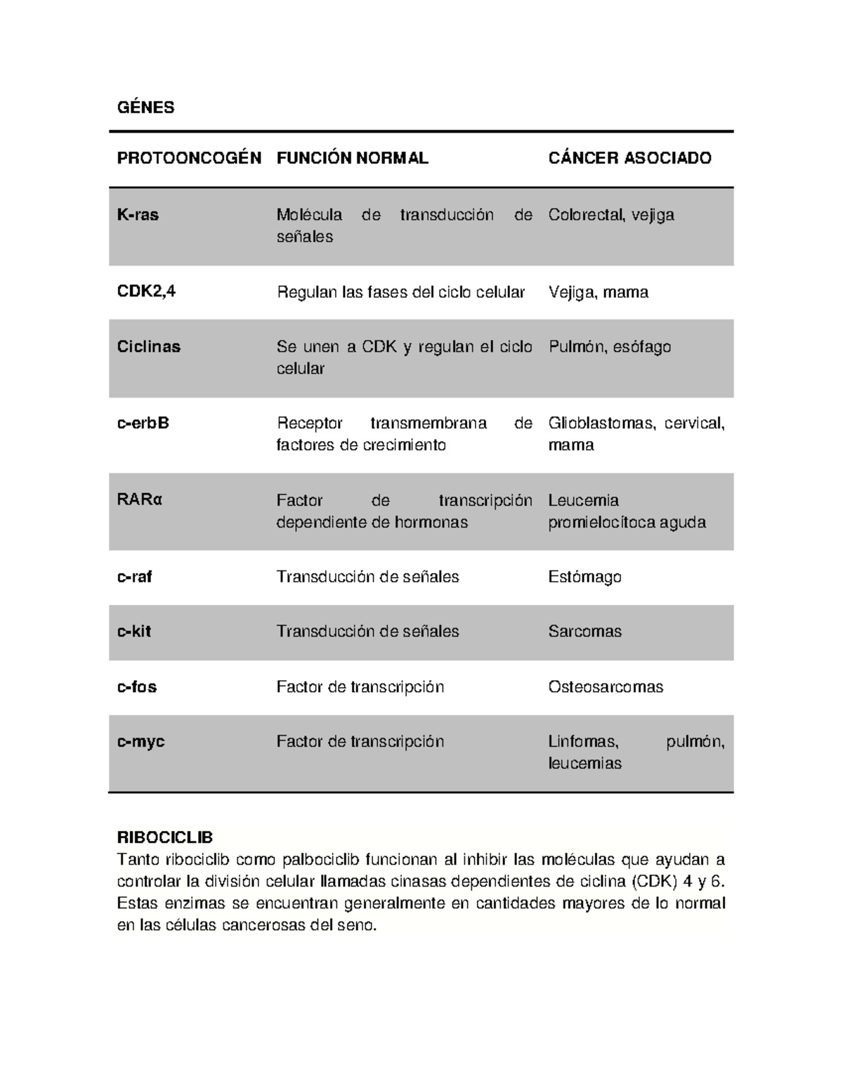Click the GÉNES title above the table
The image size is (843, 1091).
(145, 107)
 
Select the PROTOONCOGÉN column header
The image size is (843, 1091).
(189, 158)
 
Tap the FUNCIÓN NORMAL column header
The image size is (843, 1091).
(352, 158)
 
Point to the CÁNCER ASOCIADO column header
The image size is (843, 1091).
(629, 158)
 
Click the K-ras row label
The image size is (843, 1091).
(138, 215)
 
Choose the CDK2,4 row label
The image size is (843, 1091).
(146, 292)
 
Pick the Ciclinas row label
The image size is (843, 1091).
(149, 347)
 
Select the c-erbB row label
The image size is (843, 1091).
(143, 423)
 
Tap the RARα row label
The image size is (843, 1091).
(140, 500)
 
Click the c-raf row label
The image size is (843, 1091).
(135, 577)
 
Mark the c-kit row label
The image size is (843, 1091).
(134, 632)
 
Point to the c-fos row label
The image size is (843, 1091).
(137, 687)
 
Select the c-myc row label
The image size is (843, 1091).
(140, 742)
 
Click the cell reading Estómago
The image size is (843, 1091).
(584, 577)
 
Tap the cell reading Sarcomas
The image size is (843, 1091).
(584, 632)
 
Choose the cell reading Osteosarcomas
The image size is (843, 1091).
(606, 687)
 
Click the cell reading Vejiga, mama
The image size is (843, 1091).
(598, 292)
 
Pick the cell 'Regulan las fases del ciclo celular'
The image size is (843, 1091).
(400, 292)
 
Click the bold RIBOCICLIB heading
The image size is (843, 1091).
(165, 837)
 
